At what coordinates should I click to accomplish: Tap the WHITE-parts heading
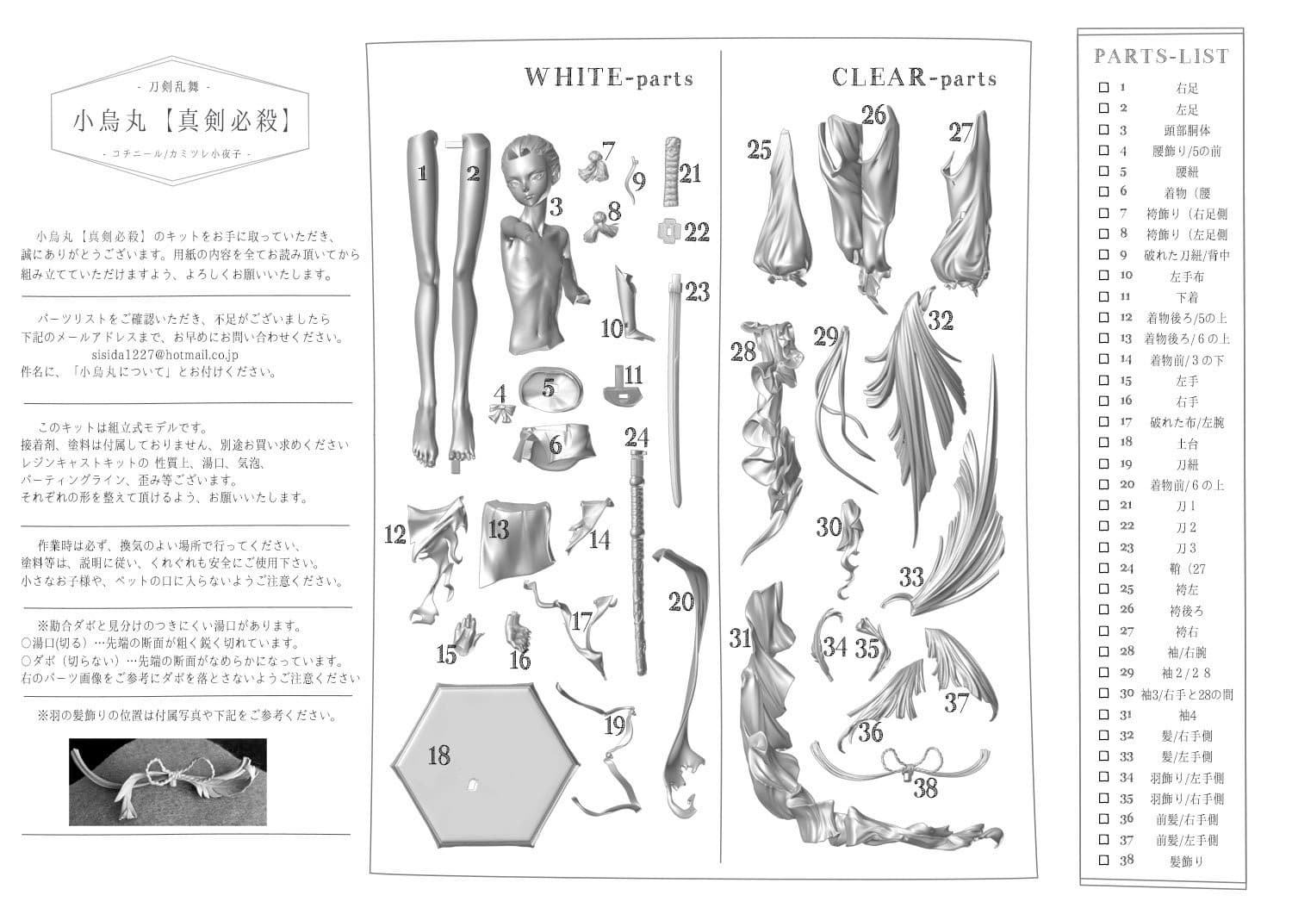point(608,78)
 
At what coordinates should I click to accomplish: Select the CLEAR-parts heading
point(914,78)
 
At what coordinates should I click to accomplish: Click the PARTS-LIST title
point(1161,57)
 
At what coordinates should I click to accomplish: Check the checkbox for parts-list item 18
point(1103,443)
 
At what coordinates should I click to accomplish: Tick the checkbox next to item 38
point(1103,861)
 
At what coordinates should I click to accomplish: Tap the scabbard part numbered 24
point(640,560)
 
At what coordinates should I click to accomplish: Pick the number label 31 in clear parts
point(741,638)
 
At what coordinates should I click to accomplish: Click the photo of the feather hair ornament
point(167,781)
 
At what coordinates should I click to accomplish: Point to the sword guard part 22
point(668,232)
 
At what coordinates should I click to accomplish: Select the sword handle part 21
point(670,171)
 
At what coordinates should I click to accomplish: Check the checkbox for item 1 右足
point(1103,88)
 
